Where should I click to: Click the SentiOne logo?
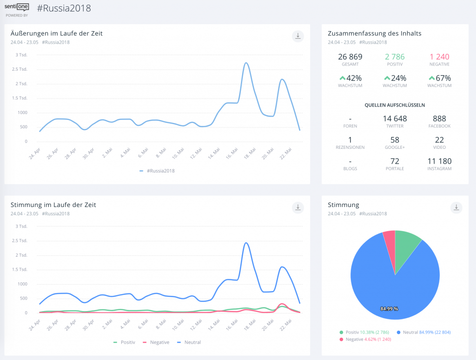tap(17, 7)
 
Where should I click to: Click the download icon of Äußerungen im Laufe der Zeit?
tap(297, 36)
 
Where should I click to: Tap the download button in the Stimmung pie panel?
tap(456, 207)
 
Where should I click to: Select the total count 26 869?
tap(351, 57)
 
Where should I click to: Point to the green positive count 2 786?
tap(395, 57)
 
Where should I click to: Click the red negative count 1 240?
tap(439, 57)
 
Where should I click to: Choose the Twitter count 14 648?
tap(395, 119)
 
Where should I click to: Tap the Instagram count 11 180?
tap(439, 161)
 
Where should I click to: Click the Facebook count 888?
tap(439, 119)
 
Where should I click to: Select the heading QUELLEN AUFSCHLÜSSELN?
tap(395, 105)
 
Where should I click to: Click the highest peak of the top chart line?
tap(246, 63)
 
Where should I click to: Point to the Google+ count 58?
tap(395, 140)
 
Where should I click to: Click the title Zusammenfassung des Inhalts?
tap(375, 33)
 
